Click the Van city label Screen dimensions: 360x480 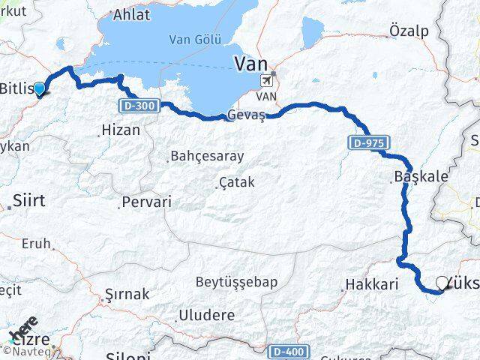tap(251, 64)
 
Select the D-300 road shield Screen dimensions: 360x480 tap(137, 106)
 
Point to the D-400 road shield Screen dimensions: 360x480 tap(287, 351)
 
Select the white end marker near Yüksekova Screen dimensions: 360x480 tap(442, 283)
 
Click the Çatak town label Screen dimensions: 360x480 tap(236, 182)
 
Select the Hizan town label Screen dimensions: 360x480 tap(121, 130)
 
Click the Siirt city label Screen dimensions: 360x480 tap(28, 200)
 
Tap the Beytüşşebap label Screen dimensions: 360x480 tap(236, 282)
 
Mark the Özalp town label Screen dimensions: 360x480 tap(409, 31)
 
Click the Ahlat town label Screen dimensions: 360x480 tap(131, 14)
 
